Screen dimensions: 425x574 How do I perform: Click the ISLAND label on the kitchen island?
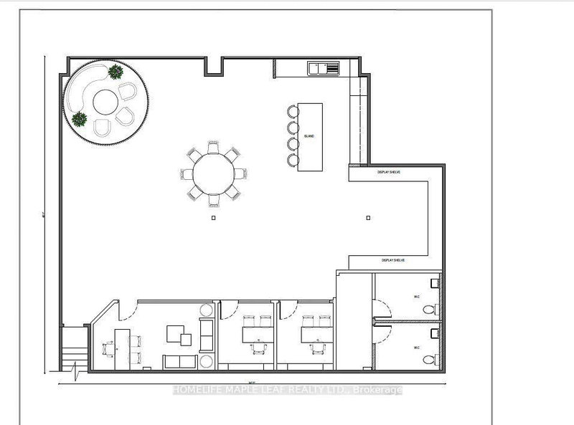[x=309, y=135]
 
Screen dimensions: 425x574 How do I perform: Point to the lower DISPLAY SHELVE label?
[x=392, y=260]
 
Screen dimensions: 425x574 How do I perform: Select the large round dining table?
[x=212, y=172]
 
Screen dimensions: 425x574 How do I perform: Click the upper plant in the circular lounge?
[x=115, y=71]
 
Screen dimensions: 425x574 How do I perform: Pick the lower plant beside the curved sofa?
[x=79, y=119]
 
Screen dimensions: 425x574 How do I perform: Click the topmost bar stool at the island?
[x=291, y=111]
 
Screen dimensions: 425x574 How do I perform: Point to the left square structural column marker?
[x=212, y=218]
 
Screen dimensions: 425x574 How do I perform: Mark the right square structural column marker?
[x=367, y=218]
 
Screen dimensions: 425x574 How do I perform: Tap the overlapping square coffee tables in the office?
[x=179, y=335]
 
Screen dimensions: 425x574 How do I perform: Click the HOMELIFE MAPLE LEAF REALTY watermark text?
[x=287, y=390]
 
